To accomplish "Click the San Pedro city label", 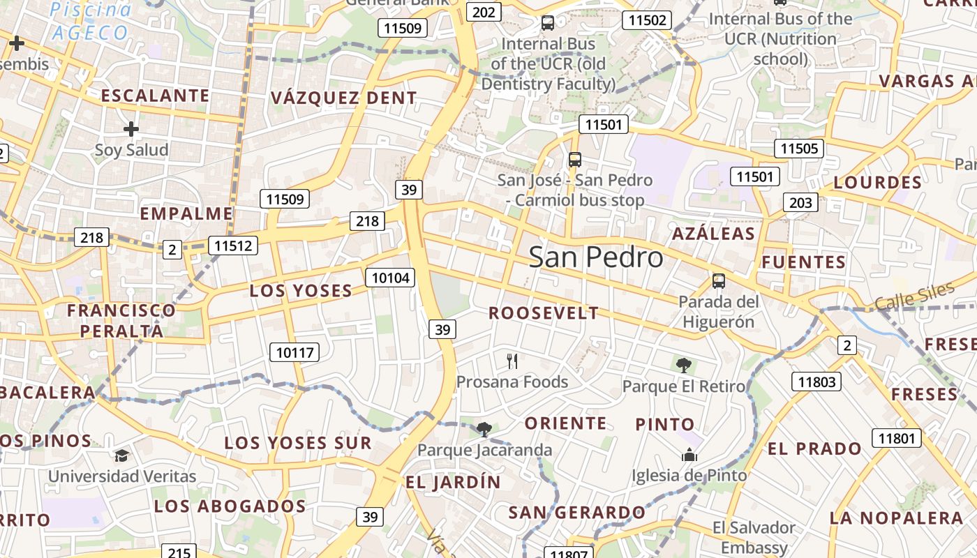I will tap(595, 257).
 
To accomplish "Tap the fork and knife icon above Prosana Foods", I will tap(513, 361).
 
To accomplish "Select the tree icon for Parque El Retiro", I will tap(683, 365).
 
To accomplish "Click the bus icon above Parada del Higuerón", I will tap(718, 281).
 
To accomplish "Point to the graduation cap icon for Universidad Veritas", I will tap(122, 455).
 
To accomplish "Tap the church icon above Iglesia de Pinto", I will tap(689, 455).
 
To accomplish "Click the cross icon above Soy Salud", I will tap(130, 129).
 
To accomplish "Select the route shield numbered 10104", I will tap(390, 278).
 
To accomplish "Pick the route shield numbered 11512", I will tap(233, 245).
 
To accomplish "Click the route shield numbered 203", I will tap(800, 202).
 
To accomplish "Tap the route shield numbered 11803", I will tap(816, 381).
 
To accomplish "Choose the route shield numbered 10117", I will tap(294, 352).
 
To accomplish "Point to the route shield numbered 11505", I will tap(799, 148).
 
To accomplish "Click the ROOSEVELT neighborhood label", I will tap(544, 313).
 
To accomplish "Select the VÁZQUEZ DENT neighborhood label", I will tap(343, 98).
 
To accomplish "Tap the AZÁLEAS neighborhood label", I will tap(713, 234).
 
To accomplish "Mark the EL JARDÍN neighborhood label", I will tap(453, 482).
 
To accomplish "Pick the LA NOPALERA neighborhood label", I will tap(896, 518).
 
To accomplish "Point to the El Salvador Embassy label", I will tap(754, 537).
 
